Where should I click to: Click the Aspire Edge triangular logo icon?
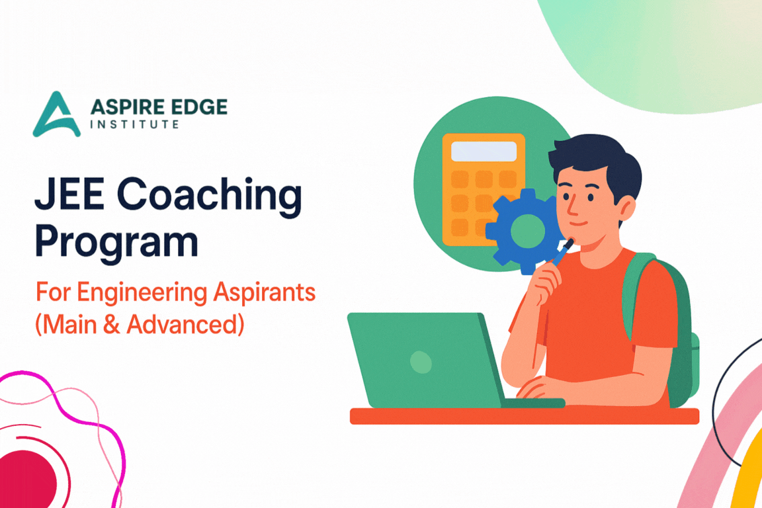pos(56,116)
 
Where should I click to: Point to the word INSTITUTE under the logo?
pos(135,124)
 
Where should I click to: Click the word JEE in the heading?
pos(69,194)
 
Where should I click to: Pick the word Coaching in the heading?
pos(210,196)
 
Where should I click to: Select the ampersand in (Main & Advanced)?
pos(112,324)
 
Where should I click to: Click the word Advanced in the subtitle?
pos(183,324)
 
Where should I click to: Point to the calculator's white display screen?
pos(484,151)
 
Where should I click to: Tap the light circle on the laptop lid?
pos(421,362)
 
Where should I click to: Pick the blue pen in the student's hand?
pos(563,251)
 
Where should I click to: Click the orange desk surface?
pos(525,416)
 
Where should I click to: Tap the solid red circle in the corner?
pos(26,479)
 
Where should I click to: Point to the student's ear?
pos(626,208)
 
